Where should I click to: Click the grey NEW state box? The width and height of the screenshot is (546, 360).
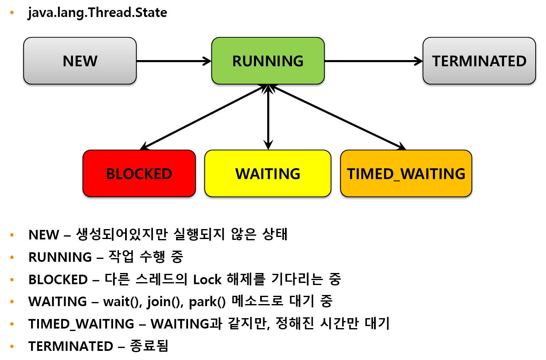point(80,61)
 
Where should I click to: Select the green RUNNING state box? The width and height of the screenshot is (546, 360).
point(268,61)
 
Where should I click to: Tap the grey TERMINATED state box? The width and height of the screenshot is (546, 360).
point(479,61)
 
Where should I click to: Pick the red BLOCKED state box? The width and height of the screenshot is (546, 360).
point(139,174)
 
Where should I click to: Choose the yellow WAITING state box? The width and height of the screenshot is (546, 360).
point(268,174)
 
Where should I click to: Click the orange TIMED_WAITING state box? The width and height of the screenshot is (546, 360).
point(406,174)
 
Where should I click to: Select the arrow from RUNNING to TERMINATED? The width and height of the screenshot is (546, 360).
point(373,61)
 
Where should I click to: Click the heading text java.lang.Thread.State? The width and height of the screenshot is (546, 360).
point(97,13)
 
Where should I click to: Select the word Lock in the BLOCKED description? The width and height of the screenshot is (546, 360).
point(207,280)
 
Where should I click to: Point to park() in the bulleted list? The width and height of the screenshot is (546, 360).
point(207,302)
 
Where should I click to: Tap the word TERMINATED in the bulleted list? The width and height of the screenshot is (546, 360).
point(70,346)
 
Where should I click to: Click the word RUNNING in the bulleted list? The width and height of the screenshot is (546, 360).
point(60,257)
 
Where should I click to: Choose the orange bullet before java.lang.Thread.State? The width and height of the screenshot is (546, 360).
point(12,13)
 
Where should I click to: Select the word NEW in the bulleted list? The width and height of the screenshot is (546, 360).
point(43,235)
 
